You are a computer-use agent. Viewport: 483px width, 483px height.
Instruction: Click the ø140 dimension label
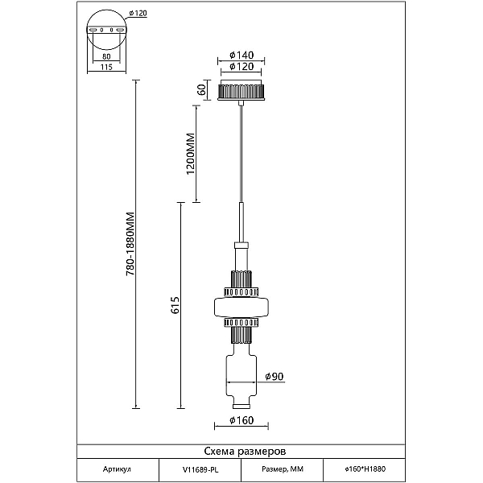pyautogui.click(x=242, y=55)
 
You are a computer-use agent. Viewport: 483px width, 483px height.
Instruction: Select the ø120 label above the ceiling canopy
pyautogui.click(x=242, y=67)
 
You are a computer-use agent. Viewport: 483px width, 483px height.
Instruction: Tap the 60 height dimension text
pyautogui.click(x=201, y=90)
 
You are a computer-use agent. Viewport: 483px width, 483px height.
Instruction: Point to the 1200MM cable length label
pyautogui.click(x=191, y=154)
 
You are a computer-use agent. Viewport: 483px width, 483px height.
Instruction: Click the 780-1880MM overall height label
pyautogui.click(x=130, y=244)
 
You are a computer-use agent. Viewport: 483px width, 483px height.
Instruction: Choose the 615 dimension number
pyautogui.click(x=175, y=305)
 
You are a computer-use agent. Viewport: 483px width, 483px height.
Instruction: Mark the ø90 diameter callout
pyautogui.click(x=275, y=377)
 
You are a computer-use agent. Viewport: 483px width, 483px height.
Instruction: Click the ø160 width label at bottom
pyautogui.click(x=242, y=420)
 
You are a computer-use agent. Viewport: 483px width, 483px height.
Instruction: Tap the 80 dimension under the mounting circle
pyautogui.click(x=106, y=56)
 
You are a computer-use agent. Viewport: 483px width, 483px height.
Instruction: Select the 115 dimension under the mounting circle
pyautogui.click(x=106, y=67)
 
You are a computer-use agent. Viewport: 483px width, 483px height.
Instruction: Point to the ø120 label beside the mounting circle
pyautogui.click(x=138, y=13)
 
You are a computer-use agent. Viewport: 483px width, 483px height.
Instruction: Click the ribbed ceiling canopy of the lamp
pyautogui.click(x=242, y=90)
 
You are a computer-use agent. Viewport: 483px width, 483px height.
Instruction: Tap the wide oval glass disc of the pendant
pyautogui.click(x=242, y=307)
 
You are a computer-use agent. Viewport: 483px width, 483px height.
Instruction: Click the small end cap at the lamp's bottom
pyautogui.click(x=242, y=407)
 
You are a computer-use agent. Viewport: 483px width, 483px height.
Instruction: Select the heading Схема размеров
pyautogui.click(x=245, y=452)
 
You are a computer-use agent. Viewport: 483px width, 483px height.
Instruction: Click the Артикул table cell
pyautogui.click(x=117, y=469)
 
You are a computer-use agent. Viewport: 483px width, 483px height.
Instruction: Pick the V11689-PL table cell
pyautogui.click(x=200, y=469)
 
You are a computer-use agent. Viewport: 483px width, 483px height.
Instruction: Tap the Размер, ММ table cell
pyautogui.click(x=283, y=469)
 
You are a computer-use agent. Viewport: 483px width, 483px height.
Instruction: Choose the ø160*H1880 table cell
pyautogui.click(x=365, y=469)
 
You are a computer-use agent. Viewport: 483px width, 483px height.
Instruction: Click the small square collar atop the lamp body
pyautogui.click(x=242, y=246)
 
